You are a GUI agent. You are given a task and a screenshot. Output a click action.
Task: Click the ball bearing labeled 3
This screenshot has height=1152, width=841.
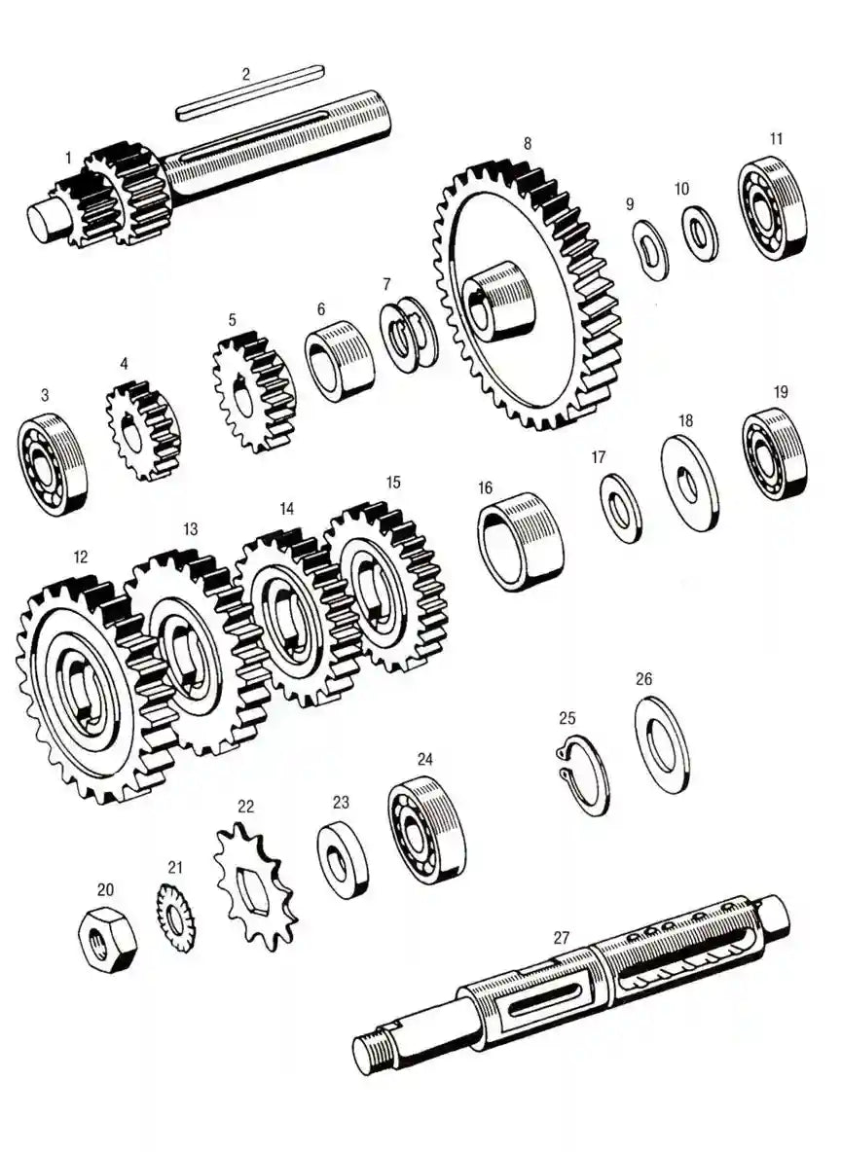[x=52, y=464]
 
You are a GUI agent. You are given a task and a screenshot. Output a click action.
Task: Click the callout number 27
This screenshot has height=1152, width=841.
[x=561, y=938]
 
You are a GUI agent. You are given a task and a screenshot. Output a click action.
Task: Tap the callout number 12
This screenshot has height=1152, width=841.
[x=80, y=557]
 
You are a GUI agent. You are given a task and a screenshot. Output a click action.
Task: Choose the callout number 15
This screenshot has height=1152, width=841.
[x=393, y=482]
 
